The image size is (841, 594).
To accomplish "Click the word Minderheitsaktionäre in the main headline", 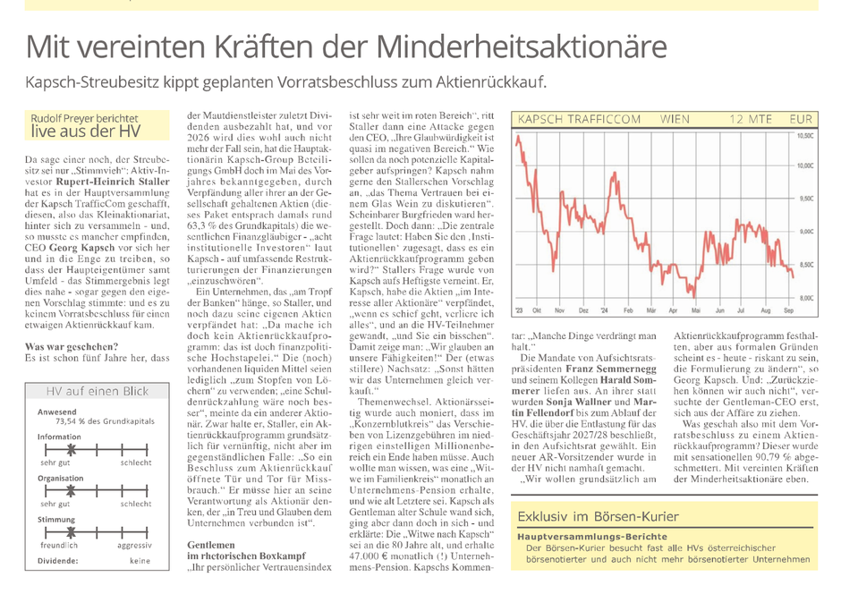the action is click(x=522, y=47).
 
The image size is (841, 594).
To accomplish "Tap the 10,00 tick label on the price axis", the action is click(x=805, y=165).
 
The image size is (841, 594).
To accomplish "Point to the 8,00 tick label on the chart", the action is click(x=806, y=298).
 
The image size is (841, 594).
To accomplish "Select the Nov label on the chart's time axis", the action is click(x=560, y=310).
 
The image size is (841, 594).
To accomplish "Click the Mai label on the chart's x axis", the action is click(x=696, y=310).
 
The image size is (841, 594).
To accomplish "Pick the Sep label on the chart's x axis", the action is click(x=788, y=310).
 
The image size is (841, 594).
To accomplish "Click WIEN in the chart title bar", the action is click(x=675, y=119).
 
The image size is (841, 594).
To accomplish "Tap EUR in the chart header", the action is click(x=801, y=119).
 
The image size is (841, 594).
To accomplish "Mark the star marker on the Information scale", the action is click(x=72, y=449).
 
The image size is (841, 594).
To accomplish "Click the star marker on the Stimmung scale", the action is click(x=71, y=532).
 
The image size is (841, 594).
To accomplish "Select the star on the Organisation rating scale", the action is click(x=71, y=490).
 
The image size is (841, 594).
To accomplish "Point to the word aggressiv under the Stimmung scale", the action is click(x=134, y=545).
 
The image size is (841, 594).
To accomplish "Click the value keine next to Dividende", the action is click(x=140, y=561).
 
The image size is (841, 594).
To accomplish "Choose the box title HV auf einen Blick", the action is click(x=98, y=391).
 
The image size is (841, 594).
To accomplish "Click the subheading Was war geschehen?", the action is click(x=72, y=347).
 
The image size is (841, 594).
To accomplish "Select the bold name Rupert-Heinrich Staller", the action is click(x=113, y=182).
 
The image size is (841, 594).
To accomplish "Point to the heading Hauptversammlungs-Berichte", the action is click(x=592, y=537).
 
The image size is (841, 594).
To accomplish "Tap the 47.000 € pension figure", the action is click(x=369, y=556).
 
